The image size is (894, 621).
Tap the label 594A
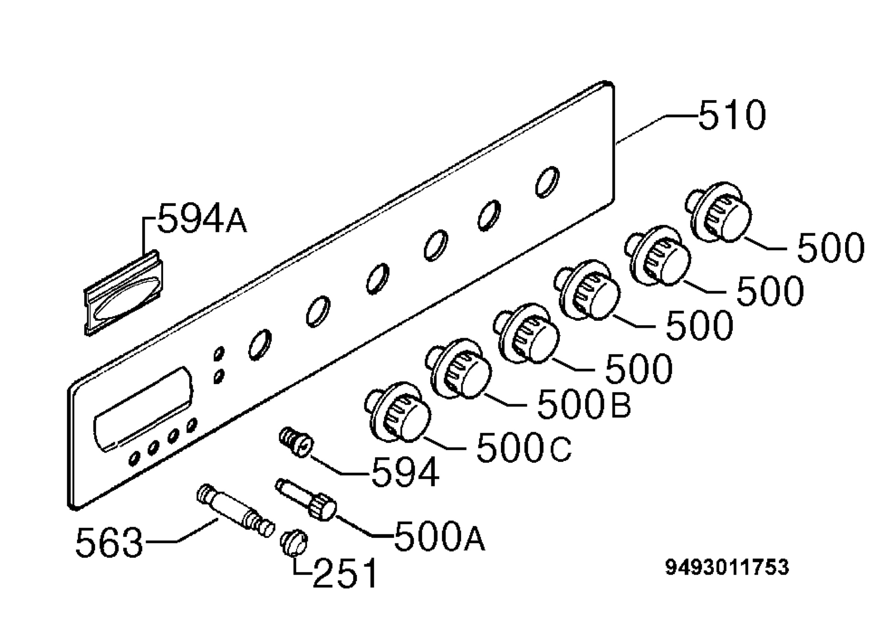click(x=202, y=218)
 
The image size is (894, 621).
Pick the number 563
click(x=109, y=542)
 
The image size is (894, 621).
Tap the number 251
click(x=345, y=573)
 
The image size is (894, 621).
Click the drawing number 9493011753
click(x=727, y=567)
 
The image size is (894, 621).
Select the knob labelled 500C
click(x=397, y=412)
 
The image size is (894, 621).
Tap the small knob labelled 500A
click(x=306, y=500)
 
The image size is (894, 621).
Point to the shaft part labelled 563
click(x=236, y=510)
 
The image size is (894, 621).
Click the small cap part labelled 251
click(x=294, y=542)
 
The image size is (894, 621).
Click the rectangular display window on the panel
click(x=143, y=408)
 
